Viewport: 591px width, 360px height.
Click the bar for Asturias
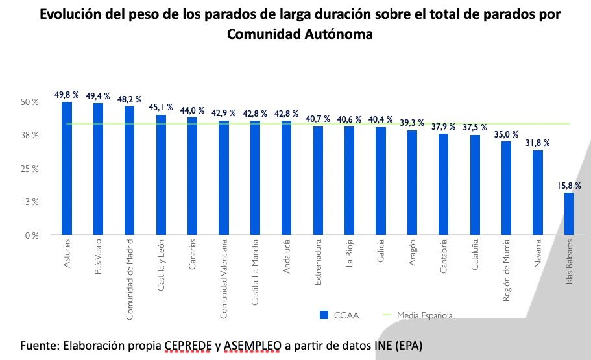[67, 169]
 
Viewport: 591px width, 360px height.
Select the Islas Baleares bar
[569, 214]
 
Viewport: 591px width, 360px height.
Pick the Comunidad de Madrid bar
[129, 171]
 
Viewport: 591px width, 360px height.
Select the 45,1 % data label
[161, 108]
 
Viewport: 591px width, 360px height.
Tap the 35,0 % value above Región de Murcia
[506, 135]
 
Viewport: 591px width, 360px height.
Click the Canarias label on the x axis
[193, 257]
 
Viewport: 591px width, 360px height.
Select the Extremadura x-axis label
[318, 262]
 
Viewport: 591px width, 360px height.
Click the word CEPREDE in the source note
[189, 344]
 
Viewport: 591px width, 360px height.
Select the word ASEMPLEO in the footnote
[252, 344]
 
